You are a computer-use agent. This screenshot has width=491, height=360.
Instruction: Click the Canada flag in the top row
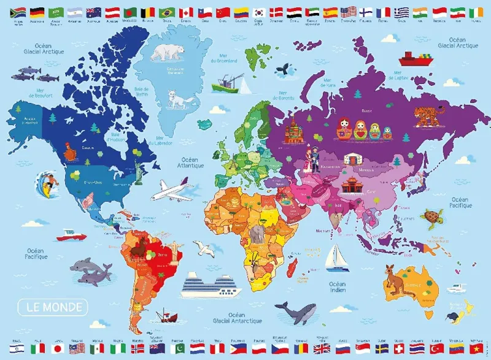click(185, 12)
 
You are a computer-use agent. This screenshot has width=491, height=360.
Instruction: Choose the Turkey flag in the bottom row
click(437, 348)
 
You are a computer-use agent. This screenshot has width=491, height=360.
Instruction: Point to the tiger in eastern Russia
click(425, 115)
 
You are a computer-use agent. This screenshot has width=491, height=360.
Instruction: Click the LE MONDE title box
click(53, 306)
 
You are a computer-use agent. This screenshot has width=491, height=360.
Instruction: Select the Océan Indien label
click(337, 288)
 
